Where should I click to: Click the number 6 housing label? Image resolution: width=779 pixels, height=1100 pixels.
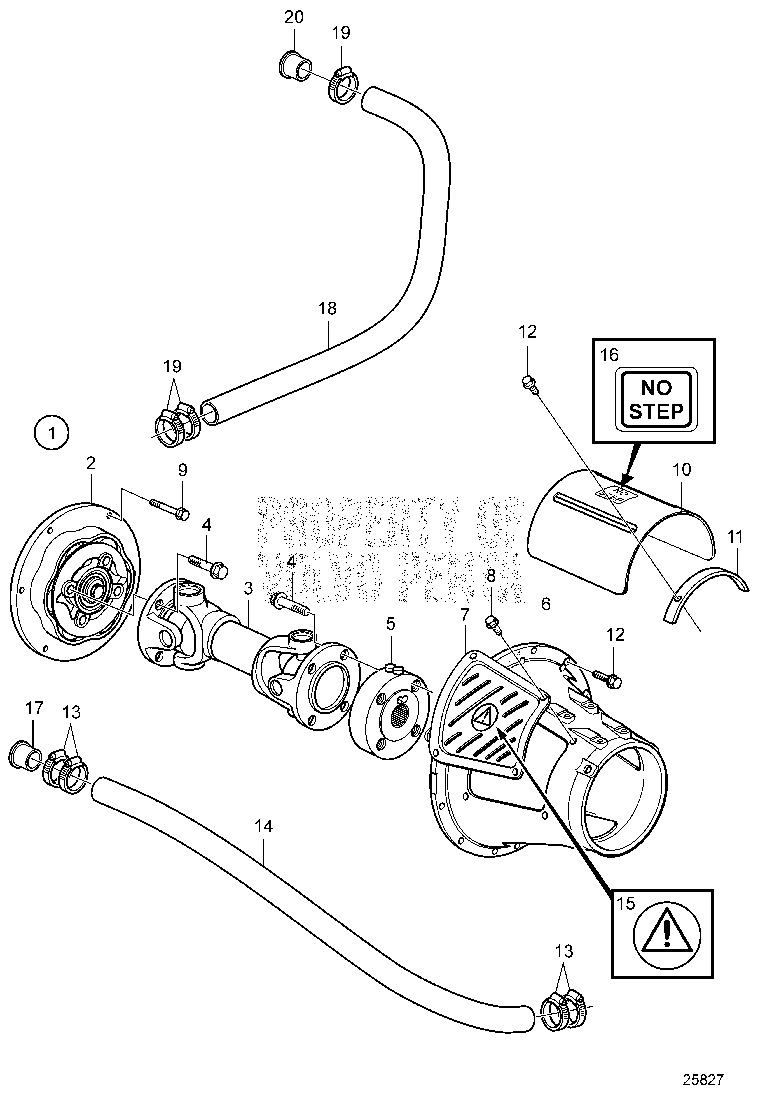pos(546,606)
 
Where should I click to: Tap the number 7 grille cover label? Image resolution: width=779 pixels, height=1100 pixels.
pos(467,616)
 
